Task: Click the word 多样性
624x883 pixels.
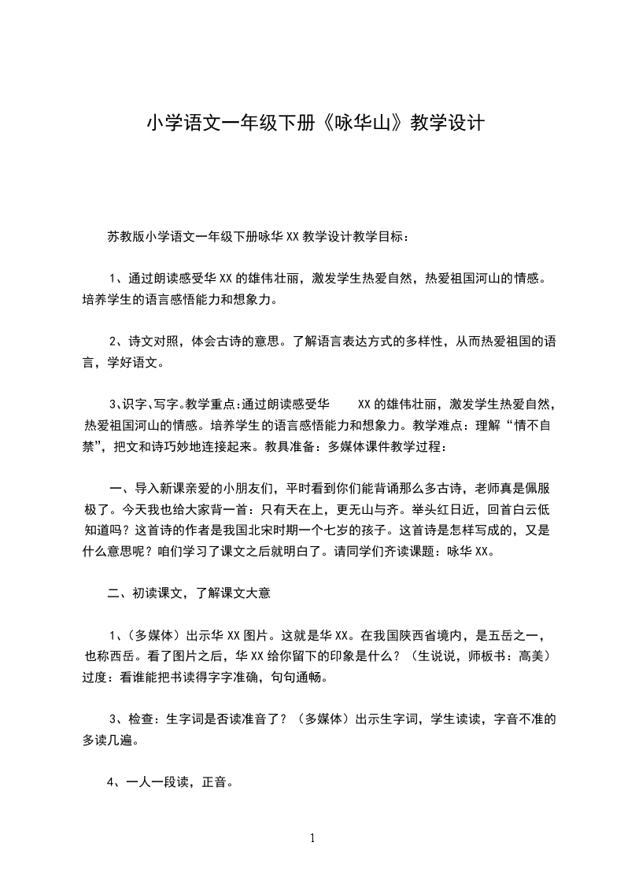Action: click(x=419, y=341)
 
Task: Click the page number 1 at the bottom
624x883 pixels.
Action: click(x=313, y=837)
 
